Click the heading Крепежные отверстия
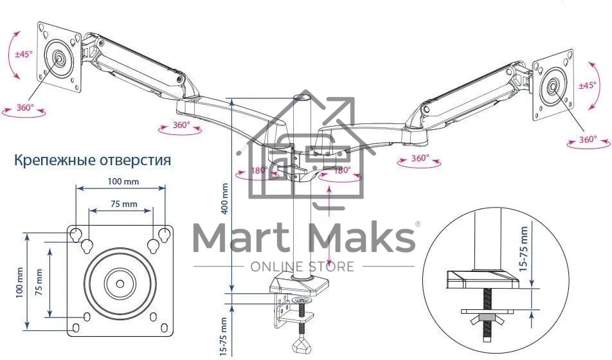click(93, 160)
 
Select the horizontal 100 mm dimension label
click(123, 182)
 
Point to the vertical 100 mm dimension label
click(20, 283)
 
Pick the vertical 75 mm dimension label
click(40, 282)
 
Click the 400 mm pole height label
click(224, 199)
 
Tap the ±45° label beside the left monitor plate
click(24, 54)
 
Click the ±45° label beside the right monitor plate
click(588, 85)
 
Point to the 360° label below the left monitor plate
click(25, 107)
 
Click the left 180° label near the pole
click(260, 170)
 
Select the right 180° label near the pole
click(342, 170)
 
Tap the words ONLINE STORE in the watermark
click(302, 266)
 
